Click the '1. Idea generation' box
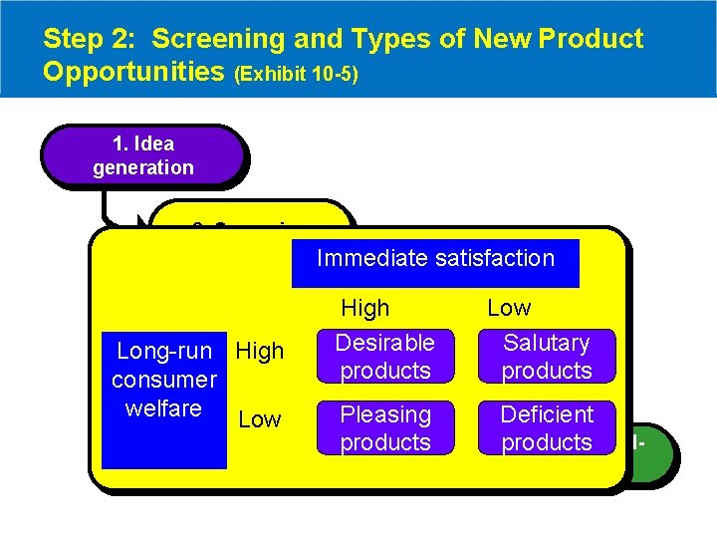[x=142, y=156]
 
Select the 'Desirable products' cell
[x=384, y=357]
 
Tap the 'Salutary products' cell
[x=546, y=357]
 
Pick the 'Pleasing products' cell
[x=384, y=428]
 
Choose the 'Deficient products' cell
[x=546, y=428]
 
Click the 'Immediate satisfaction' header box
[x=435, y=259]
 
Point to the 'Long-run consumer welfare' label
[x=164, y=380]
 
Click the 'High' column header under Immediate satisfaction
[x=365, y=308]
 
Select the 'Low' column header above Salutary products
[x=509, y=308]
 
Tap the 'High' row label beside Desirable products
[x=260, y=351]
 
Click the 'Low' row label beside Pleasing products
[x=259, y=419]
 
